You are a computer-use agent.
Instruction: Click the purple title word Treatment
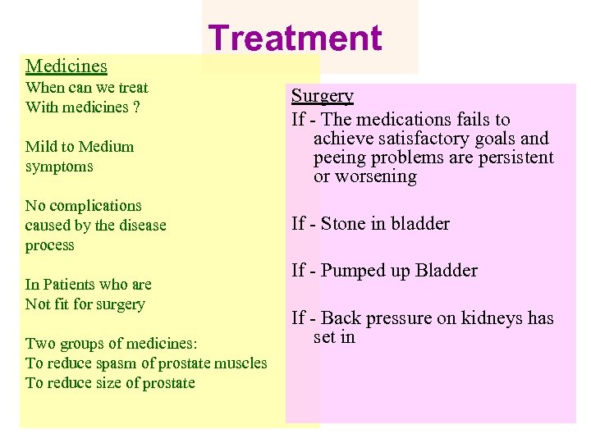tap(295, 38)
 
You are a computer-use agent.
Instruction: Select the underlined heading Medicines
tap(66, 66)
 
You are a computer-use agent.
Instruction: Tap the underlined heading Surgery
tap(323, 96)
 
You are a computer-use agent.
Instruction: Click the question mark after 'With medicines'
tap(136, 107)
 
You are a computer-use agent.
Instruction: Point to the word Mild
tap(41, 147)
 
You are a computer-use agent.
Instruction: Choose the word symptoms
tap(59, 167)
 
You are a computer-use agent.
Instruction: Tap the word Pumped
tap(355, 271)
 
